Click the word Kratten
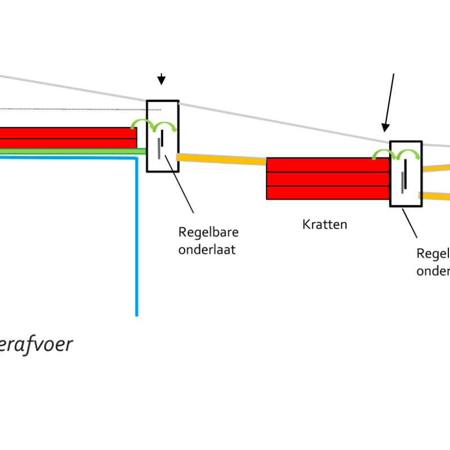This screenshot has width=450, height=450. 325,224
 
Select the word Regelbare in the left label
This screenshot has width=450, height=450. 208,232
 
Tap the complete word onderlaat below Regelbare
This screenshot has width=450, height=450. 206,249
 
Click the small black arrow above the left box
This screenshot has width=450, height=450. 161,79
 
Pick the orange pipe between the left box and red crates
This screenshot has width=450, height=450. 221,160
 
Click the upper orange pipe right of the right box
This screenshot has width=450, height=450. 436,167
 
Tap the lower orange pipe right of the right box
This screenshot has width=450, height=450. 436,196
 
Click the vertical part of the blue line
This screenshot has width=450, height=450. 137,236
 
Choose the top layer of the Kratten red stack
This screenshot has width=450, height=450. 327,165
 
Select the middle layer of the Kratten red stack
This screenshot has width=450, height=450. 327,179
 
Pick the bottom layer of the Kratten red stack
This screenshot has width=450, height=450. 327,192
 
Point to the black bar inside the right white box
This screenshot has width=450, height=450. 406,167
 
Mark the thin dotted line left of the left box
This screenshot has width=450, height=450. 79,109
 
